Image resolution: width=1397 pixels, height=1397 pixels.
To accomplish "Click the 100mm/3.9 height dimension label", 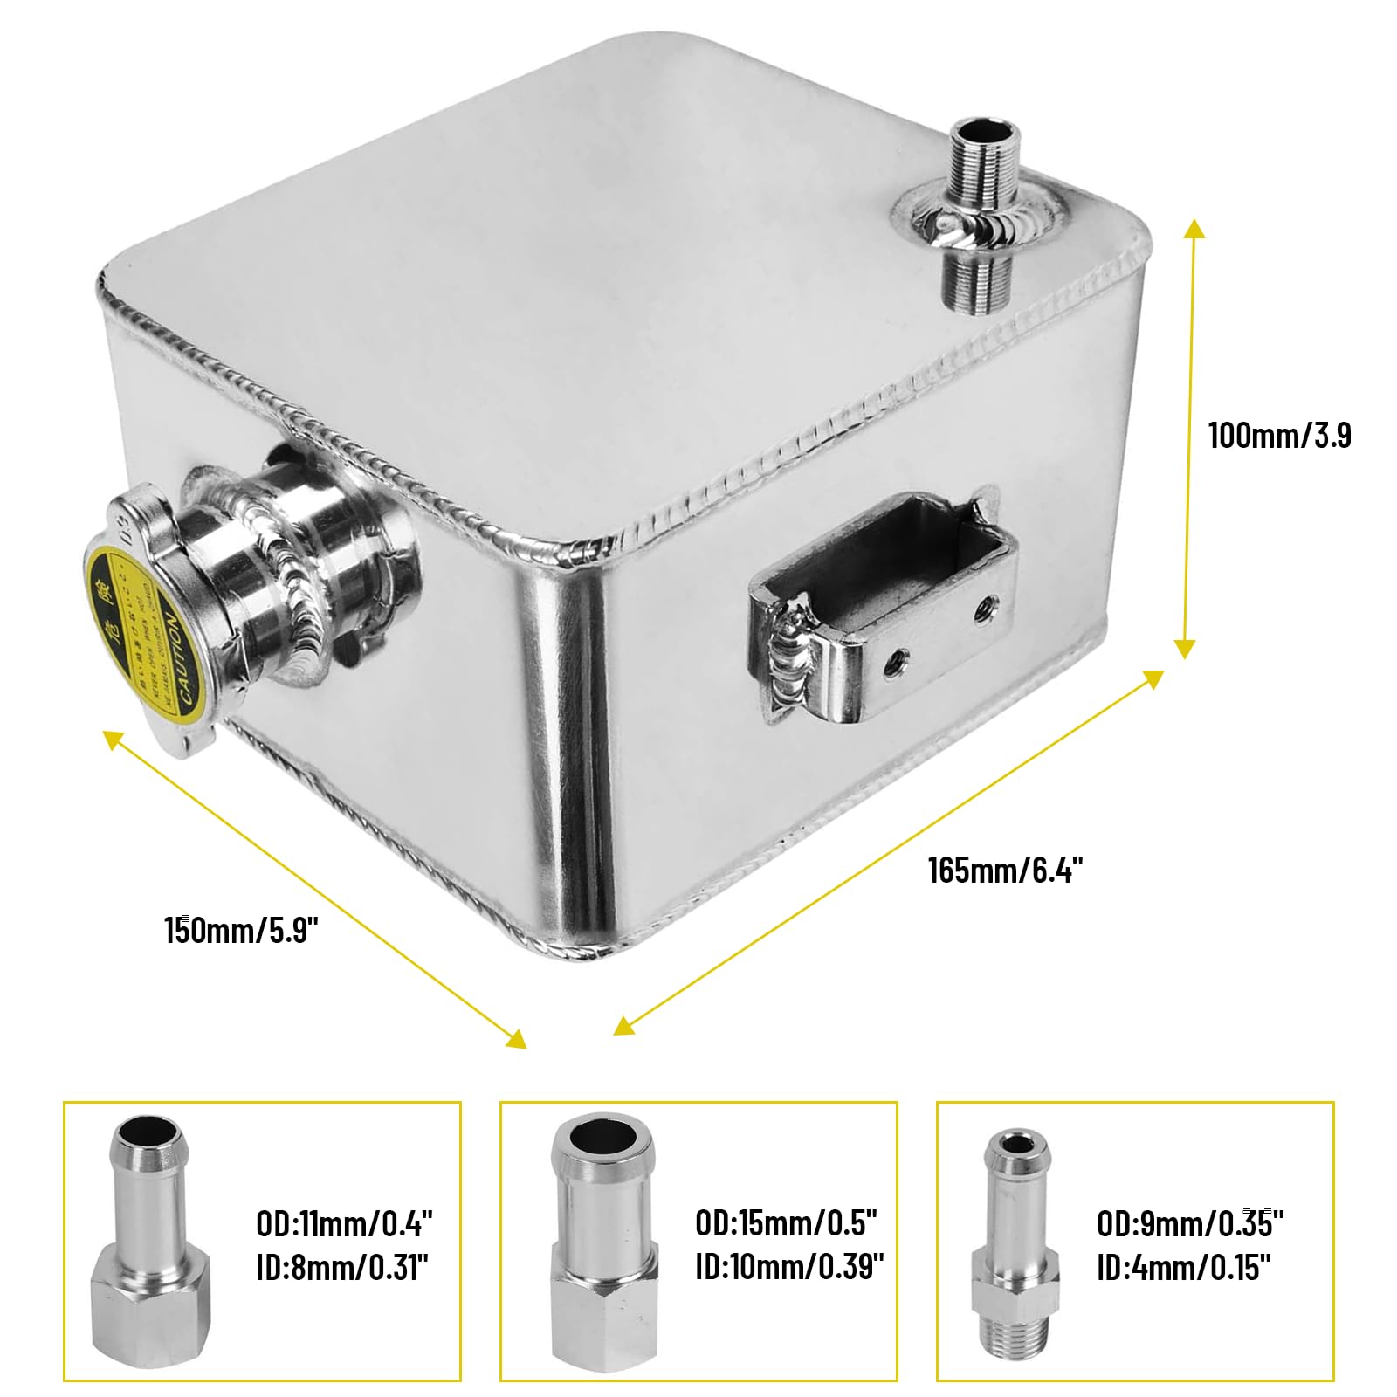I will (1279, 435).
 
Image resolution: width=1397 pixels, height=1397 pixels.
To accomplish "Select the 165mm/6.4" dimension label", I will (1005, 870).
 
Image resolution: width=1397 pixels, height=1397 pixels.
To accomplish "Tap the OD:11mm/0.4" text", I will (344, 1223).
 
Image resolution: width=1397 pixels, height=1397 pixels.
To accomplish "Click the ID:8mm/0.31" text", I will (342, 1267).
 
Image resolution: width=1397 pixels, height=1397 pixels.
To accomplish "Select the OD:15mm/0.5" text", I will (786, 1222).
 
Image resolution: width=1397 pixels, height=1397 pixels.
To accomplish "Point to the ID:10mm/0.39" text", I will (789, 1266).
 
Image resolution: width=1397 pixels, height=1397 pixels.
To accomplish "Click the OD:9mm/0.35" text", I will (1189, 1224).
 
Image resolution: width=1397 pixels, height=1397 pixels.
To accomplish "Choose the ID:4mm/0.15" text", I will (1183, 1268).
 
